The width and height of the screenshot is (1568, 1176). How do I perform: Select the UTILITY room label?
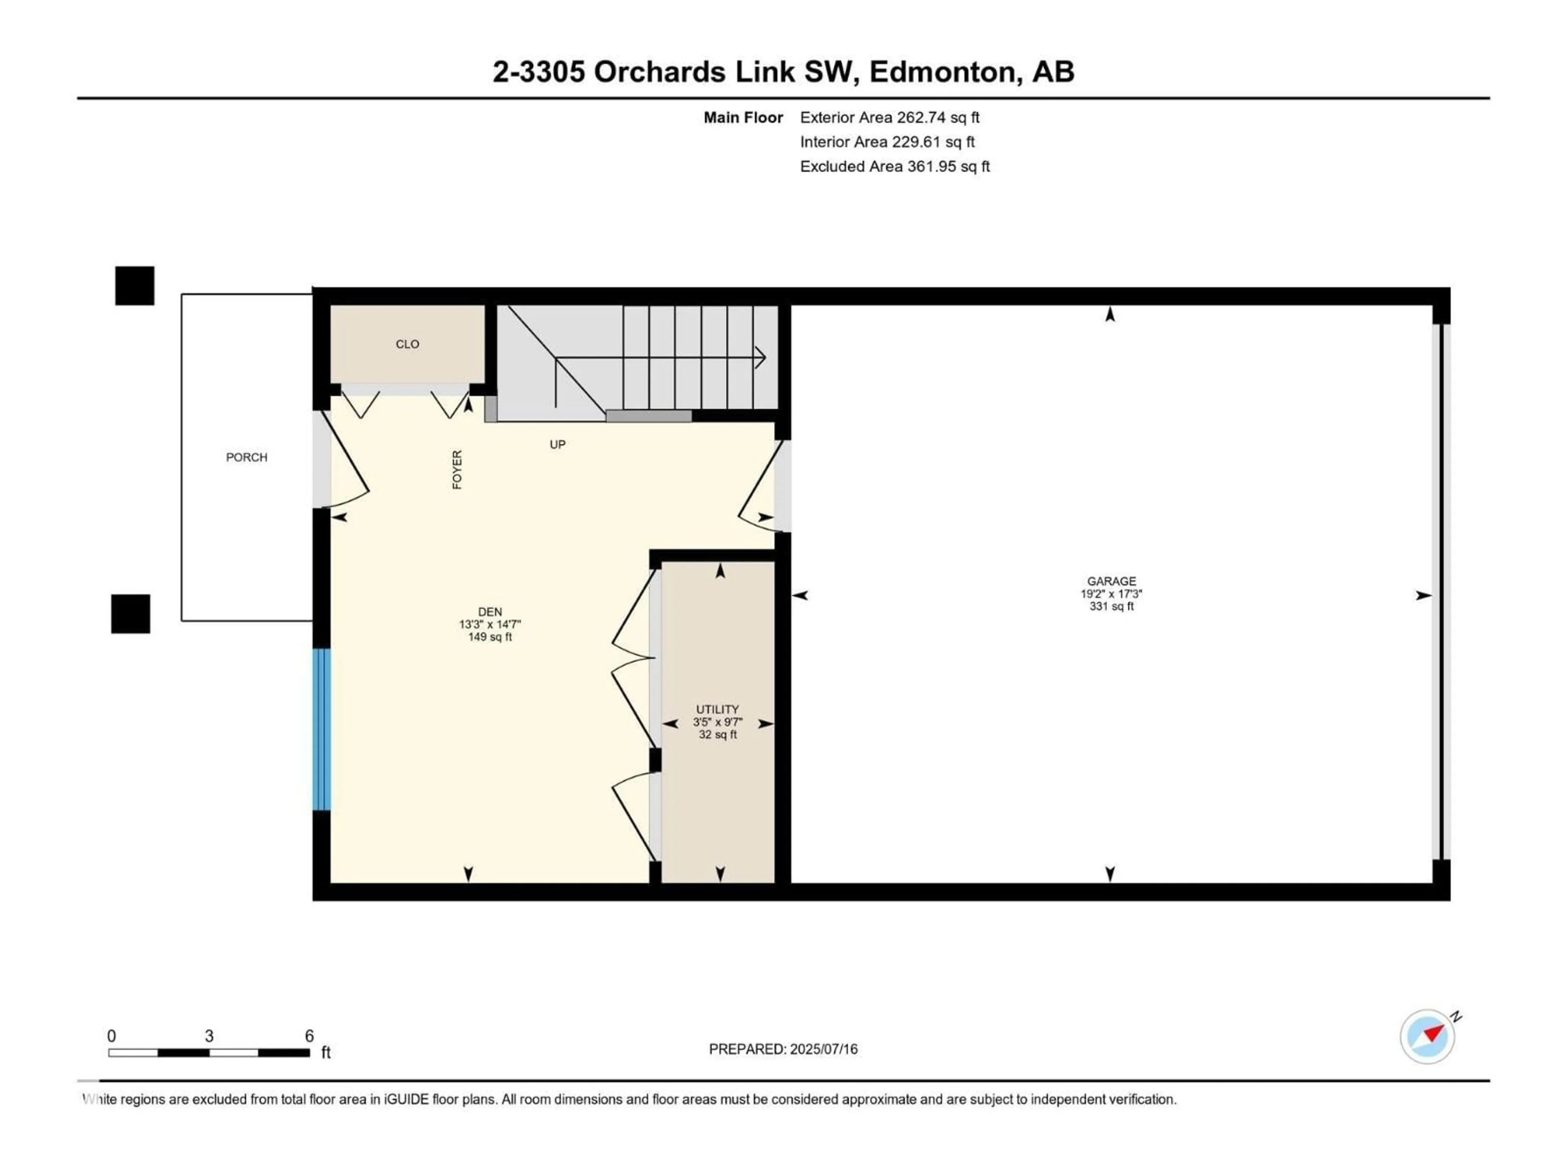(717, 709)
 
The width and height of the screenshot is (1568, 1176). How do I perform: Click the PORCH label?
(247, 457)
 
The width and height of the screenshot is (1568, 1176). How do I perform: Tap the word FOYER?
(457, 469)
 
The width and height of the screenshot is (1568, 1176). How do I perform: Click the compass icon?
(1427, 1036)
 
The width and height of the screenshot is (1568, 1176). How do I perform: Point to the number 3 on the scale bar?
(209, 1036)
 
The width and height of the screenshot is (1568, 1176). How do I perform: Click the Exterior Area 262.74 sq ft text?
(890, 118)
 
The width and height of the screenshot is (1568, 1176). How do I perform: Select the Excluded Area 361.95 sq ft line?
(895, 167)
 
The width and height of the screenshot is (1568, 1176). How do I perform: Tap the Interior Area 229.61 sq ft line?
(887, 142)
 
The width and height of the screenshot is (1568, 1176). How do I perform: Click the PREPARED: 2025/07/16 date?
(783, 1049)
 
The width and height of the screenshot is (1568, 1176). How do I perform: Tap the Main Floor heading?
(743, 118)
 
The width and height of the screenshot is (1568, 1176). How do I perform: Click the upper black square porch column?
(135, 286)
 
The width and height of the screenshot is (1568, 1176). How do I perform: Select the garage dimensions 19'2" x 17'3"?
(1111, 594)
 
